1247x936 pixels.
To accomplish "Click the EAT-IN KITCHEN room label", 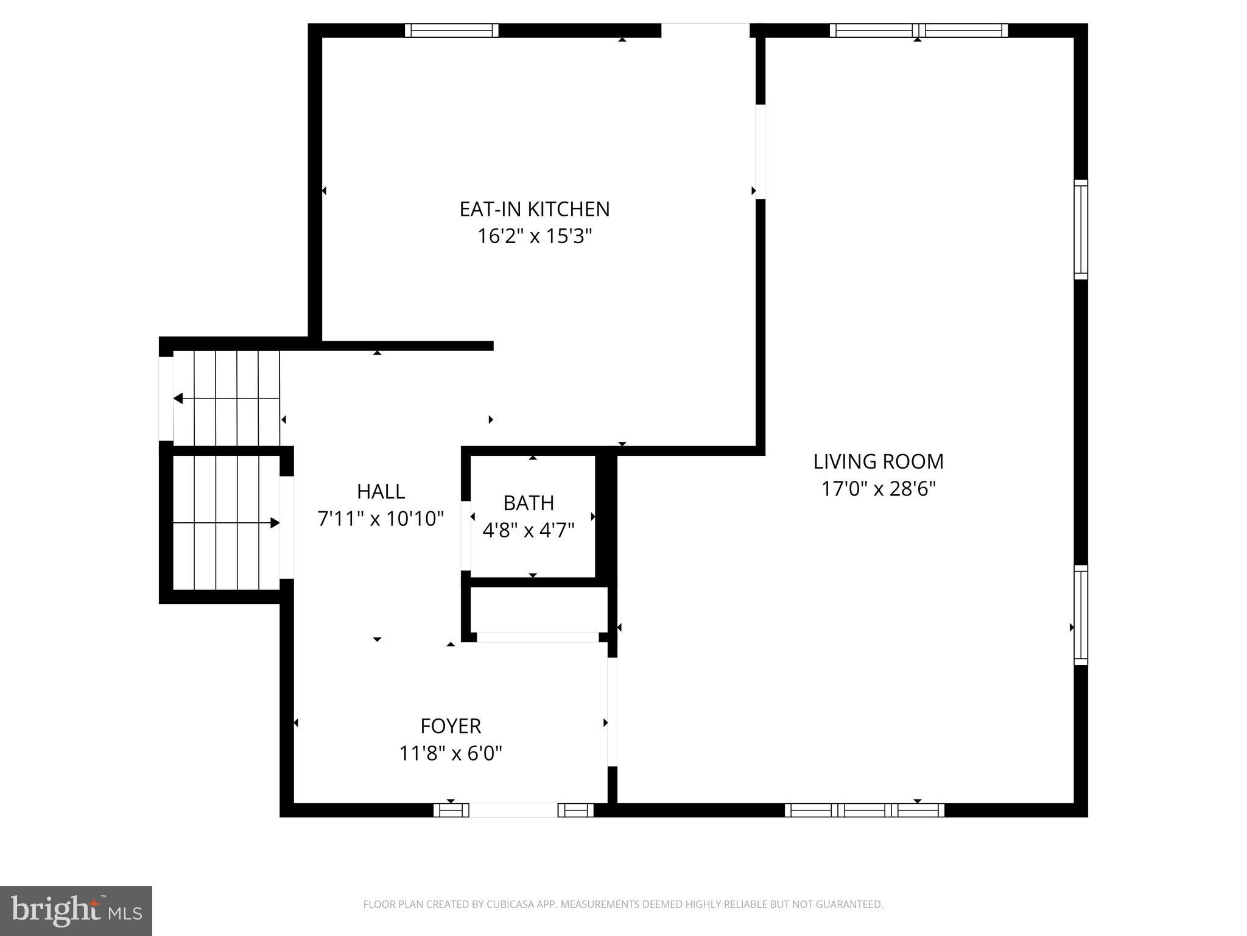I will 534,209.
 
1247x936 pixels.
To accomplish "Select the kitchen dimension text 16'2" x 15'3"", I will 534,236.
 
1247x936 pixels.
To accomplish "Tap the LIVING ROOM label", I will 878,461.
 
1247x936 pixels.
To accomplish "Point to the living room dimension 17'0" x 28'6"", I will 878,489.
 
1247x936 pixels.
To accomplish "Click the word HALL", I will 381,491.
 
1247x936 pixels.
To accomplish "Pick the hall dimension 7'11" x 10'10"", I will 381,519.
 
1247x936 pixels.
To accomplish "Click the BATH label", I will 529,503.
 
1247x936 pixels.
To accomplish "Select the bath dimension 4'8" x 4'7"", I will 529,530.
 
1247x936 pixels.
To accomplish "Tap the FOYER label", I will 451,726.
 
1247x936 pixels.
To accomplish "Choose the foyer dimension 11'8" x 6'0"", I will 451,754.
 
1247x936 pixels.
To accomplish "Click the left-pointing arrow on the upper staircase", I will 178,399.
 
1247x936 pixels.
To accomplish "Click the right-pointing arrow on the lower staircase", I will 275,523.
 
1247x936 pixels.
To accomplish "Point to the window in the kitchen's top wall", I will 451,30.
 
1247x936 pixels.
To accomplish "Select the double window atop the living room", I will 918,30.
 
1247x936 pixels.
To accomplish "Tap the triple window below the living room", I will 864,810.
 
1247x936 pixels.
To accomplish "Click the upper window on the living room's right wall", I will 1080,229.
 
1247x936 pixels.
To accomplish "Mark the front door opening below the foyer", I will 513,810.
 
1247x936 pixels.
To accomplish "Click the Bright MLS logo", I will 76,910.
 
